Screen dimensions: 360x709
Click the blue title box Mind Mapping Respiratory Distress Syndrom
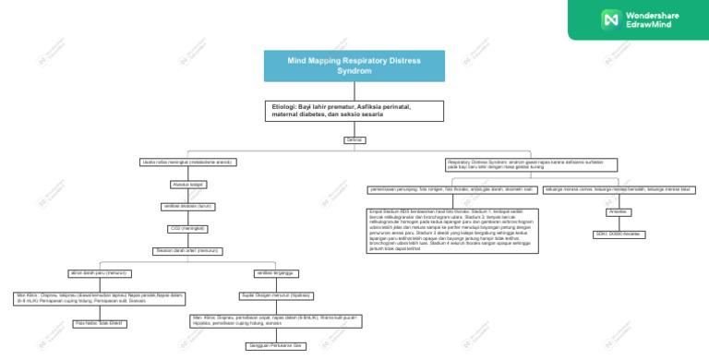click(354, 65)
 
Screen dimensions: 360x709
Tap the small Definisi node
click(354, 139)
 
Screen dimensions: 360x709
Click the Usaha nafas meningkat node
click(187, 162)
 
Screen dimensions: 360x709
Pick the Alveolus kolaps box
click(187, 185)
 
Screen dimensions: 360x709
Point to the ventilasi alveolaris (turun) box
click(187, 206)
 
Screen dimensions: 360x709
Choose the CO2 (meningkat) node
click(187, 228)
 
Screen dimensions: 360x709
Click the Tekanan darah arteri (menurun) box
click(187, 250)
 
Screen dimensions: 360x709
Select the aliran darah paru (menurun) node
click(100, 273)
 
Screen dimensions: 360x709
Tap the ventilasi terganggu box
click(274, 273)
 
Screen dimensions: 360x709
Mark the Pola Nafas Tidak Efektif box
click(100, 324)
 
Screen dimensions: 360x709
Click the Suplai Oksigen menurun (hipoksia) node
click(274, 295)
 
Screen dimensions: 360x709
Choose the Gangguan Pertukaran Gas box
click(274, 346)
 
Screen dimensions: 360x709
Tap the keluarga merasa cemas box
click(619, 189)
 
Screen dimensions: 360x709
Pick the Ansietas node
click(619, 211)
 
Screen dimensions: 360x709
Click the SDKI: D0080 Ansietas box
click(619, 234)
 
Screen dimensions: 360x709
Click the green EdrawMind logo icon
click(609, 18)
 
